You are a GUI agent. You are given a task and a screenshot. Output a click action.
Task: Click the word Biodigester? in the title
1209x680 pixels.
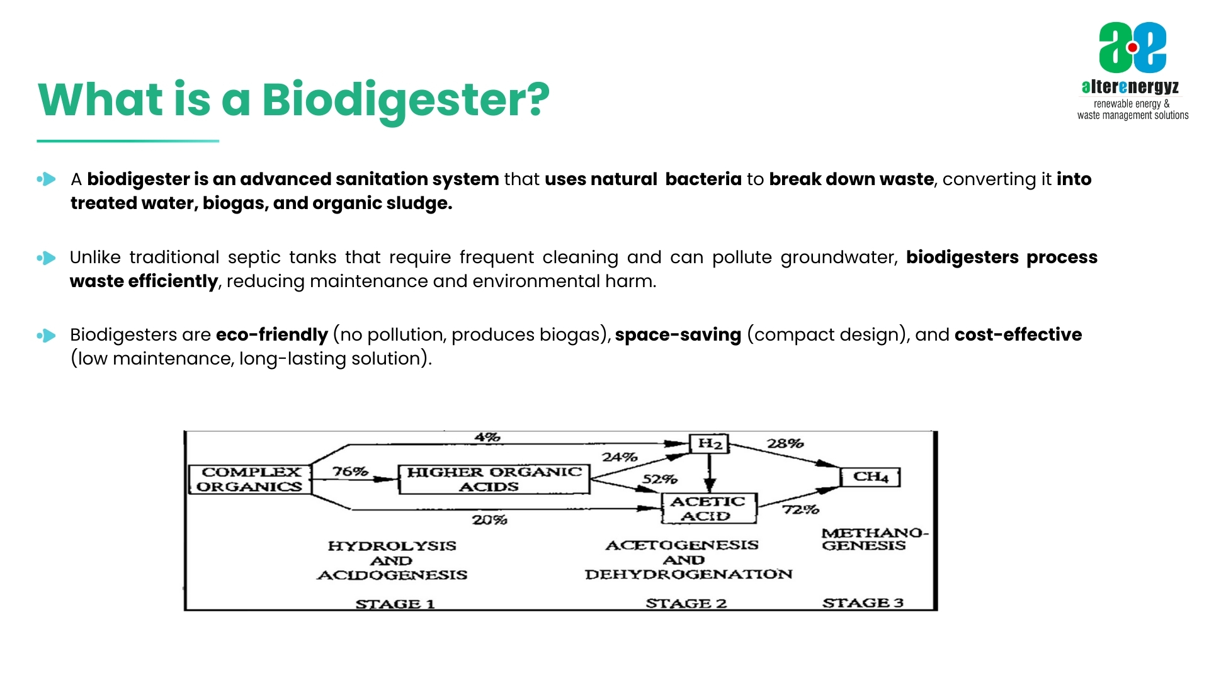coord(406,99)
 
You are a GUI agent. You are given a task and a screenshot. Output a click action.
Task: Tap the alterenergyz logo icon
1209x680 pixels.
coord(1132,47)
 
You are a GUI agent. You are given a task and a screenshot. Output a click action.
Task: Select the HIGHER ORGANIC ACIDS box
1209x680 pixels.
coord(494,479)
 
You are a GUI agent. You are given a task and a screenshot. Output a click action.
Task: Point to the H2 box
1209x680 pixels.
coord(709,444)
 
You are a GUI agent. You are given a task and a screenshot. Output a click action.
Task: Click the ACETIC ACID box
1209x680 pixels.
coord(708,509)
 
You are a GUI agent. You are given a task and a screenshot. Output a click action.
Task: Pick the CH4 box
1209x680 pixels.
coord(871,477)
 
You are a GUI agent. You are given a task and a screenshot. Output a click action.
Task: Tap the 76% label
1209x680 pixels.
coord(349,471)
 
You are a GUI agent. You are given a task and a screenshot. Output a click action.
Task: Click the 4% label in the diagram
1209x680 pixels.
coord(487,436)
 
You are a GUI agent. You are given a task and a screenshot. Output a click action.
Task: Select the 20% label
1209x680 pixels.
coord(489,519)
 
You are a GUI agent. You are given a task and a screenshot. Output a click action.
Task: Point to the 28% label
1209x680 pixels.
coord(785,443)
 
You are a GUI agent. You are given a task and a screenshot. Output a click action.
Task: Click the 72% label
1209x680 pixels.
coord(800,509)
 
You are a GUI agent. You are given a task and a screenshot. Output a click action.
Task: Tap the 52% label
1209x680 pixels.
coord(659,479)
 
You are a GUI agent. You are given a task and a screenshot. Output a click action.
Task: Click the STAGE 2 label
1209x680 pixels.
coord(686,603)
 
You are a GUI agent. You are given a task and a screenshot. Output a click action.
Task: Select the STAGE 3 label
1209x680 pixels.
coord(863,603)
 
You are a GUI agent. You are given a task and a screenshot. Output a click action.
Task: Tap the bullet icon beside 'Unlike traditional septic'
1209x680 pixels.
coord(47,258)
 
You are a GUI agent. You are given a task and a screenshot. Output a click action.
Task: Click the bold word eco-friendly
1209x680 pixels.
coord(271,334)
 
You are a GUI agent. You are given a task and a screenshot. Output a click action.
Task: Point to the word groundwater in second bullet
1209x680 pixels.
coord(838,258)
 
